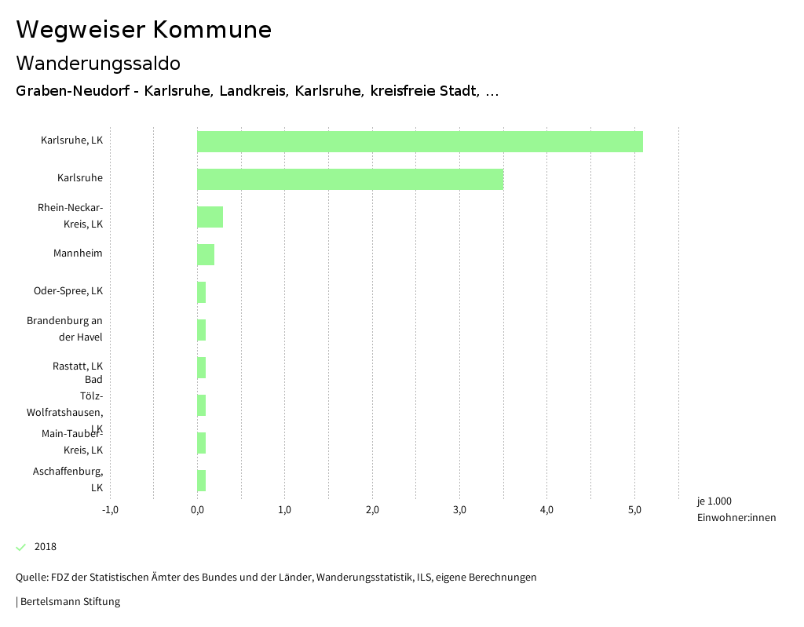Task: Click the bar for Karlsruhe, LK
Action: click(419, 141)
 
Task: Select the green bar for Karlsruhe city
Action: click(349, 179)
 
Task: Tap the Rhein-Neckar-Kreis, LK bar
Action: click(210, 217)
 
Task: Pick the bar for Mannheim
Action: click(206, 254)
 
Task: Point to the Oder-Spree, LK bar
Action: click(201, 292)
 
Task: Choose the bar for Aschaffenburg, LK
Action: click(201, 480)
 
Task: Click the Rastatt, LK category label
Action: click(78, 366)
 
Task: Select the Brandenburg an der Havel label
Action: click(64, 329)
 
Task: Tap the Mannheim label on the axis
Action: click(78, 253)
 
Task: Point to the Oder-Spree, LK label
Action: click(68, 290)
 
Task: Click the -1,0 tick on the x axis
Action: click(110, 509)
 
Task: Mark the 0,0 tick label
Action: click(197, 509)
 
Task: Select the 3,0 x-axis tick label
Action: click(460, 509)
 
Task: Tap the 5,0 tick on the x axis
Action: click(635, 509)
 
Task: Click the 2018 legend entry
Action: click(45, 547)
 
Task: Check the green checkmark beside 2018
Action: click(21, 547)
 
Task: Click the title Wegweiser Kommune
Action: click(144, 30)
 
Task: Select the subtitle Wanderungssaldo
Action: click(98, 63)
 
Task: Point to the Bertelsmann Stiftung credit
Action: click(68, 602)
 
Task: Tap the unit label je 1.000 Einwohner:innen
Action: click(736, 509)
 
